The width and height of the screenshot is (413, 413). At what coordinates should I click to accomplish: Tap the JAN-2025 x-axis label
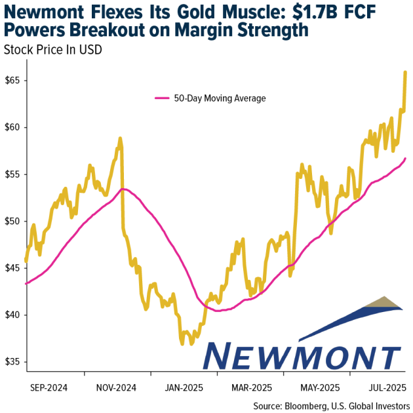coord(184,387)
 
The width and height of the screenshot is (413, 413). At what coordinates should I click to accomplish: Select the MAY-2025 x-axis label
coord(314,387)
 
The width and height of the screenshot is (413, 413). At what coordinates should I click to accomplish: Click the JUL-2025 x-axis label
coord(378,387)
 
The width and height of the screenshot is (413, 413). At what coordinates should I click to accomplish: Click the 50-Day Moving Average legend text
coord(220,98)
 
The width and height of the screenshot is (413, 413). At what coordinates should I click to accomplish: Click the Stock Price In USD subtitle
coord(52,49)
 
